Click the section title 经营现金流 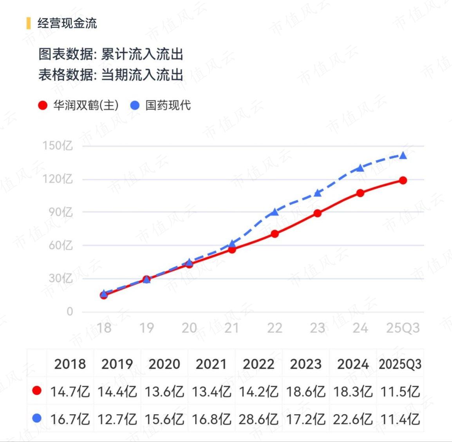tap(67, 24)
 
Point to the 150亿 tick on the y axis tap(58, 146)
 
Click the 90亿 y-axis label tap(61, 212)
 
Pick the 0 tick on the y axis tap(70, 312)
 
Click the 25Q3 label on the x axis tap(403, 328)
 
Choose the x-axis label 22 tap(275, 328)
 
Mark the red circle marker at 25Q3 tap(403, 181)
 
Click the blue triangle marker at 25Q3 tap(403, 156)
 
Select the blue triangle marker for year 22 tap(275, 212)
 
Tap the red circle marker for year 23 tap(317, 214)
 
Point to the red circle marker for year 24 tap(360, 193)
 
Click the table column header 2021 tap(211, 364)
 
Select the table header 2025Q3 tap(400, 364)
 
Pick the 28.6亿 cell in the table tap(258, 419)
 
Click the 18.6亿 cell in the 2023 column tap(306, 392)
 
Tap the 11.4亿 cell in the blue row tap(400, 419)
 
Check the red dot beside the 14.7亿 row tap(37, 391)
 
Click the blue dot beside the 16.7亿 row tap(37, 418)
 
